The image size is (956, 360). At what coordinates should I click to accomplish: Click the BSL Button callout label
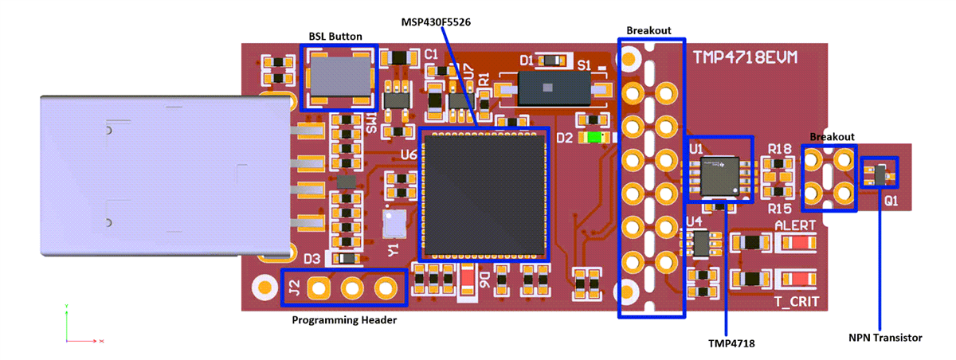tap(335, 37)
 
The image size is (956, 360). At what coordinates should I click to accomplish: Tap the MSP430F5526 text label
tap(436, 22)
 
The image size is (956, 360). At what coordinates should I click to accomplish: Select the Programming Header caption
tap(345, 320)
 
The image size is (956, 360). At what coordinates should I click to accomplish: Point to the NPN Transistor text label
tap(885, 338)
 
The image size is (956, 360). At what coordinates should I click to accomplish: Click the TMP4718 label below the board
tap(731, 343)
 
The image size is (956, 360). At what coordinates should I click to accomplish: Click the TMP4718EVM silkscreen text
tap(745, 58)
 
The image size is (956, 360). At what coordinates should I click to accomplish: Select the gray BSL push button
tap(335, 76)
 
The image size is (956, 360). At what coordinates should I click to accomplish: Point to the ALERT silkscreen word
tap(794, 225)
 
